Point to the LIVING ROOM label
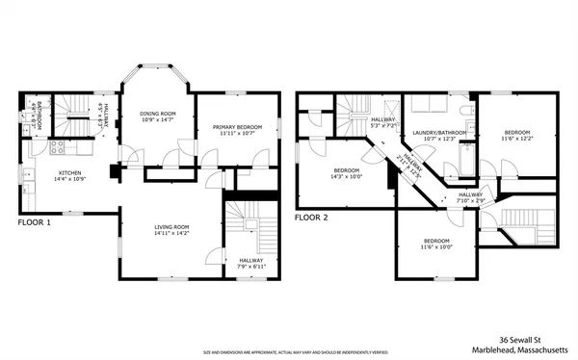(172, 227)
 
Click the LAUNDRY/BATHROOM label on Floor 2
(439, 133)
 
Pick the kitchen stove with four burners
(56, 148)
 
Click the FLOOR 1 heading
(35, 221)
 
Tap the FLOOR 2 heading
(311, 218)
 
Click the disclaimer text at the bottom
(289, 352)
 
